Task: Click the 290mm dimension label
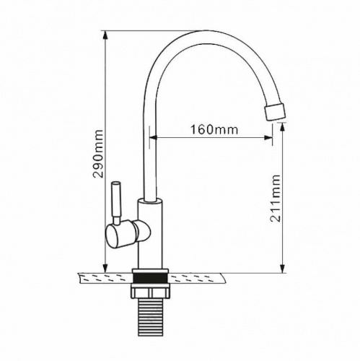tap(98, 154)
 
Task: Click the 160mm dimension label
tap(214, 130)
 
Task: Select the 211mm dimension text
tap(275, 199)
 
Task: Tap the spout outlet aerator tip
tap(276, 111)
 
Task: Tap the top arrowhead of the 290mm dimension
tap(105, 35)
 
